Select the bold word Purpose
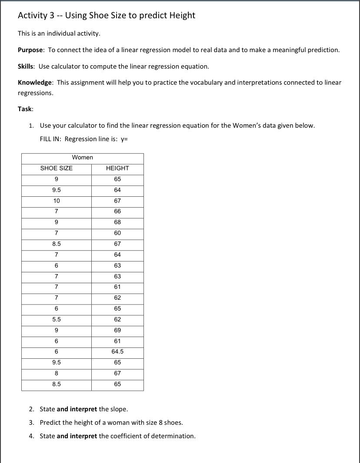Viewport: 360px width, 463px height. pyautogui.click(x=30, y=50)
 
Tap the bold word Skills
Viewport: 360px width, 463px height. pyautogui.click(x=26, y=66)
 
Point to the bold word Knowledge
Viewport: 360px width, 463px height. pyautogui.click(x=35, y=83)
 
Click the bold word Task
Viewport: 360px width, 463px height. pyautogui.click(x=25, y=109)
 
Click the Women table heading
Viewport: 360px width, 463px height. pyautogui.click(x=82, y=158)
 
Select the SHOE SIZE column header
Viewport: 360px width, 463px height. pyautogui.click(x=57, y=169)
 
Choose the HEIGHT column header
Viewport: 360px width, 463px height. pyautogui.click(x=117, y=169)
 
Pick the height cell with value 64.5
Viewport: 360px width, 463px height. pyautogui.click(x=117, y=352)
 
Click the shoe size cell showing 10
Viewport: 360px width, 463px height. pyautogui.click(x=57, y=201)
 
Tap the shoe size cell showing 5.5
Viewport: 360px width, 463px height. pyautogui.click(x=57, y=320)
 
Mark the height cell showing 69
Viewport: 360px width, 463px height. pyautogui.click(x=117, y=331)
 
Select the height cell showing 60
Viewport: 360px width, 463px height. pyautogui.click(x=117, y=233)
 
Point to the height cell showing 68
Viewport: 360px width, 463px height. pyautogui.click(x=117, y=222)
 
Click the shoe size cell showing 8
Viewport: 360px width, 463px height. pyautogui.click(x=57, y=374)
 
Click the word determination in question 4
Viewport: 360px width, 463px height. pyautogui.click(x=173, y=436)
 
